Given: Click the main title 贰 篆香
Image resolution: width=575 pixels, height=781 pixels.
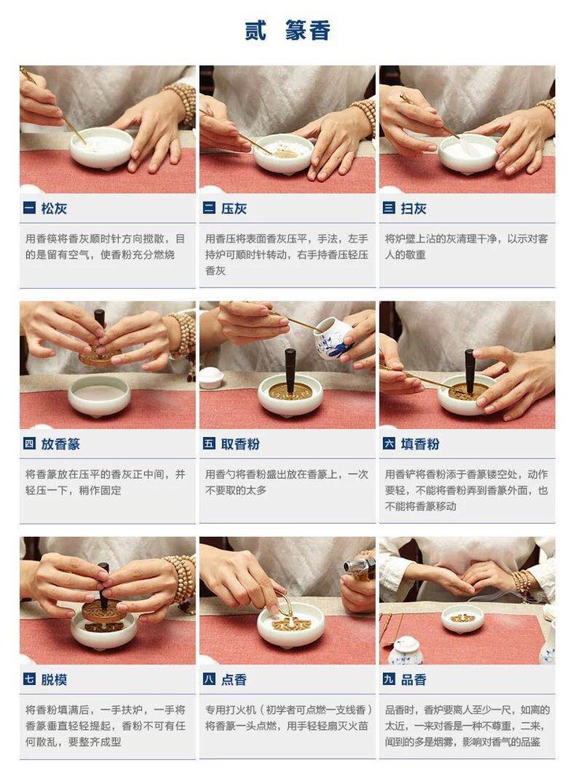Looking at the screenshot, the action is click(287, 31).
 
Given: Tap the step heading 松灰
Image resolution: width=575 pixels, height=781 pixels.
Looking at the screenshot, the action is click(54, 208).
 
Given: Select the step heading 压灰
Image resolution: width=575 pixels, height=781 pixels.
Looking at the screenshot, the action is click(234, 208).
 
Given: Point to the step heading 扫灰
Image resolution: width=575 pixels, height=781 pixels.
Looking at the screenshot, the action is click(414, 208).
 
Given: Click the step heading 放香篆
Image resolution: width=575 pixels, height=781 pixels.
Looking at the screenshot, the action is click(61, 444).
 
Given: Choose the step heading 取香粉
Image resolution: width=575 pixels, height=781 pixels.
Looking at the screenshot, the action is click(240, 444).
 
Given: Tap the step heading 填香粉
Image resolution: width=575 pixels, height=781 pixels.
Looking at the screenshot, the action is click(420, 444).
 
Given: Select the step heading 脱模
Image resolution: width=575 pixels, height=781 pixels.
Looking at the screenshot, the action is click(54, 679).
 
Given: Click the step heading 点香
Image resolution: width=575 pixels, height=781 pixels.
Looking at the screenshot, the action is click(234, 679).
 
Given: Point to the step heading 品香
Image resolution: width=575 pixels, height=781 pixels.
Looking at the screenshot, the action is click(414, 679).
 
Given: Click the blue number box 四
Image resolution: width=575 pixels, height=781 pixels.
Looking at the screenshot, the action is click(29, 443).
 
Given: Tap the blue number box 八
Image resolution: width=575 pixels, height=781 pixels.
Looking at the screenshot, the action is click(210, 679).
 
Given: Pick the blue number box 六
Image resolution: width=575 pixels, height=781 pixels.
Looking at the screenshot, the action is click(389, 443).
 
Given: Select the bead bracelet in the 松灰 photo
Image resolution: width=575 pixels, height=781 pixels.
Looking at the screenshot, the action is click(182, 104).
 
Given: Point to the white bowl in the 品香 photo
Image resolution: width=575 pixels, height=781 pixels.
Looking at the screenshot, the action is click(463, 618).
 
